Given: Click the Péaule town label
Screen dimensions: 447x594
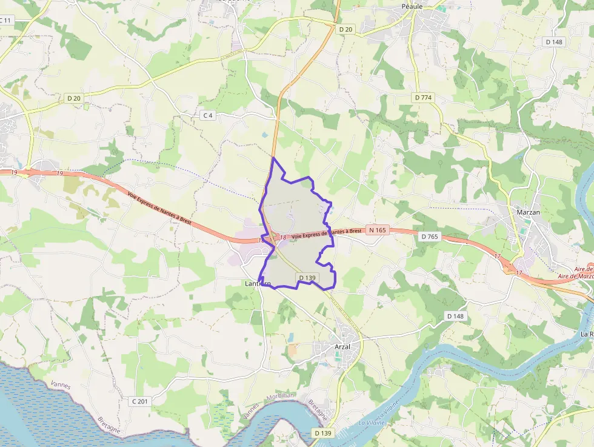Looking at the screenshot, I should coord(412,6).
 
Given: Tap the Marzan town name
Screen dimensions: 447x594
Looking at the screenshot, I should coord(529,212).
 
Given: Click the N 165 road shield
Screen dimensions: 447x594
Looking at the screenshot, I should coord(377,230).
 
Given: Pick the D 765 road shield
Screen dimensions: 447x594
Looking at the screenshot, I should coord(429,236).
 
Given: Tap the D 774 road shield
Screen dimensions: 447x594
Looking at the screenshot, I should coord(423,97).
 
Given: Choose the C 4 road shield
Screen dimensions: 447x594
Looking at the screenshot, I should coord(208,115).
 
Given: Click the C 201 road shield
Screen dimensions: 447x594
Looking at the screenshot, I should coord(140,401).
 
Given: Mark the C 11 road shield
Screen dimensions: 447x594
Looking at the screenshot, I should coord(5,21).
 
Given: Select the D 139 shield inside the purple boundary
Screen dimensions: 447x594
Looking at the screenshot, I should coord(307,278).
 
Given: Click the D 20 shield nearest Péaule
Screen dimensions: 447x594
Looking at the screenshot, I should coord(346,29).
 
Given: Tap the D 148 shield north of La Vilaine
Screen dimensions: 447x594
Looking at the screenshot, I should coord(455,316).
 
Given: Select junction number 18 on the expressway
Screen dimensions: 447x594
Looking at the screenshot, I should coord(282,237).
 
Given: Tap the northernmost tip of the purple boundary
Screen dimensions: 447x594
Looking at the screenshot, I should coord(274,158).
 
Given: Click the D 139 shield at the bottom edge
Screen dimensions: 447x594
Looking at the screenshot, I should coord(324,432).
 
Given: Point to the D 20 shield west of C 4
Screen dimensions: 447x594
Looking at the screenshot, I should coord(73,98).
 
